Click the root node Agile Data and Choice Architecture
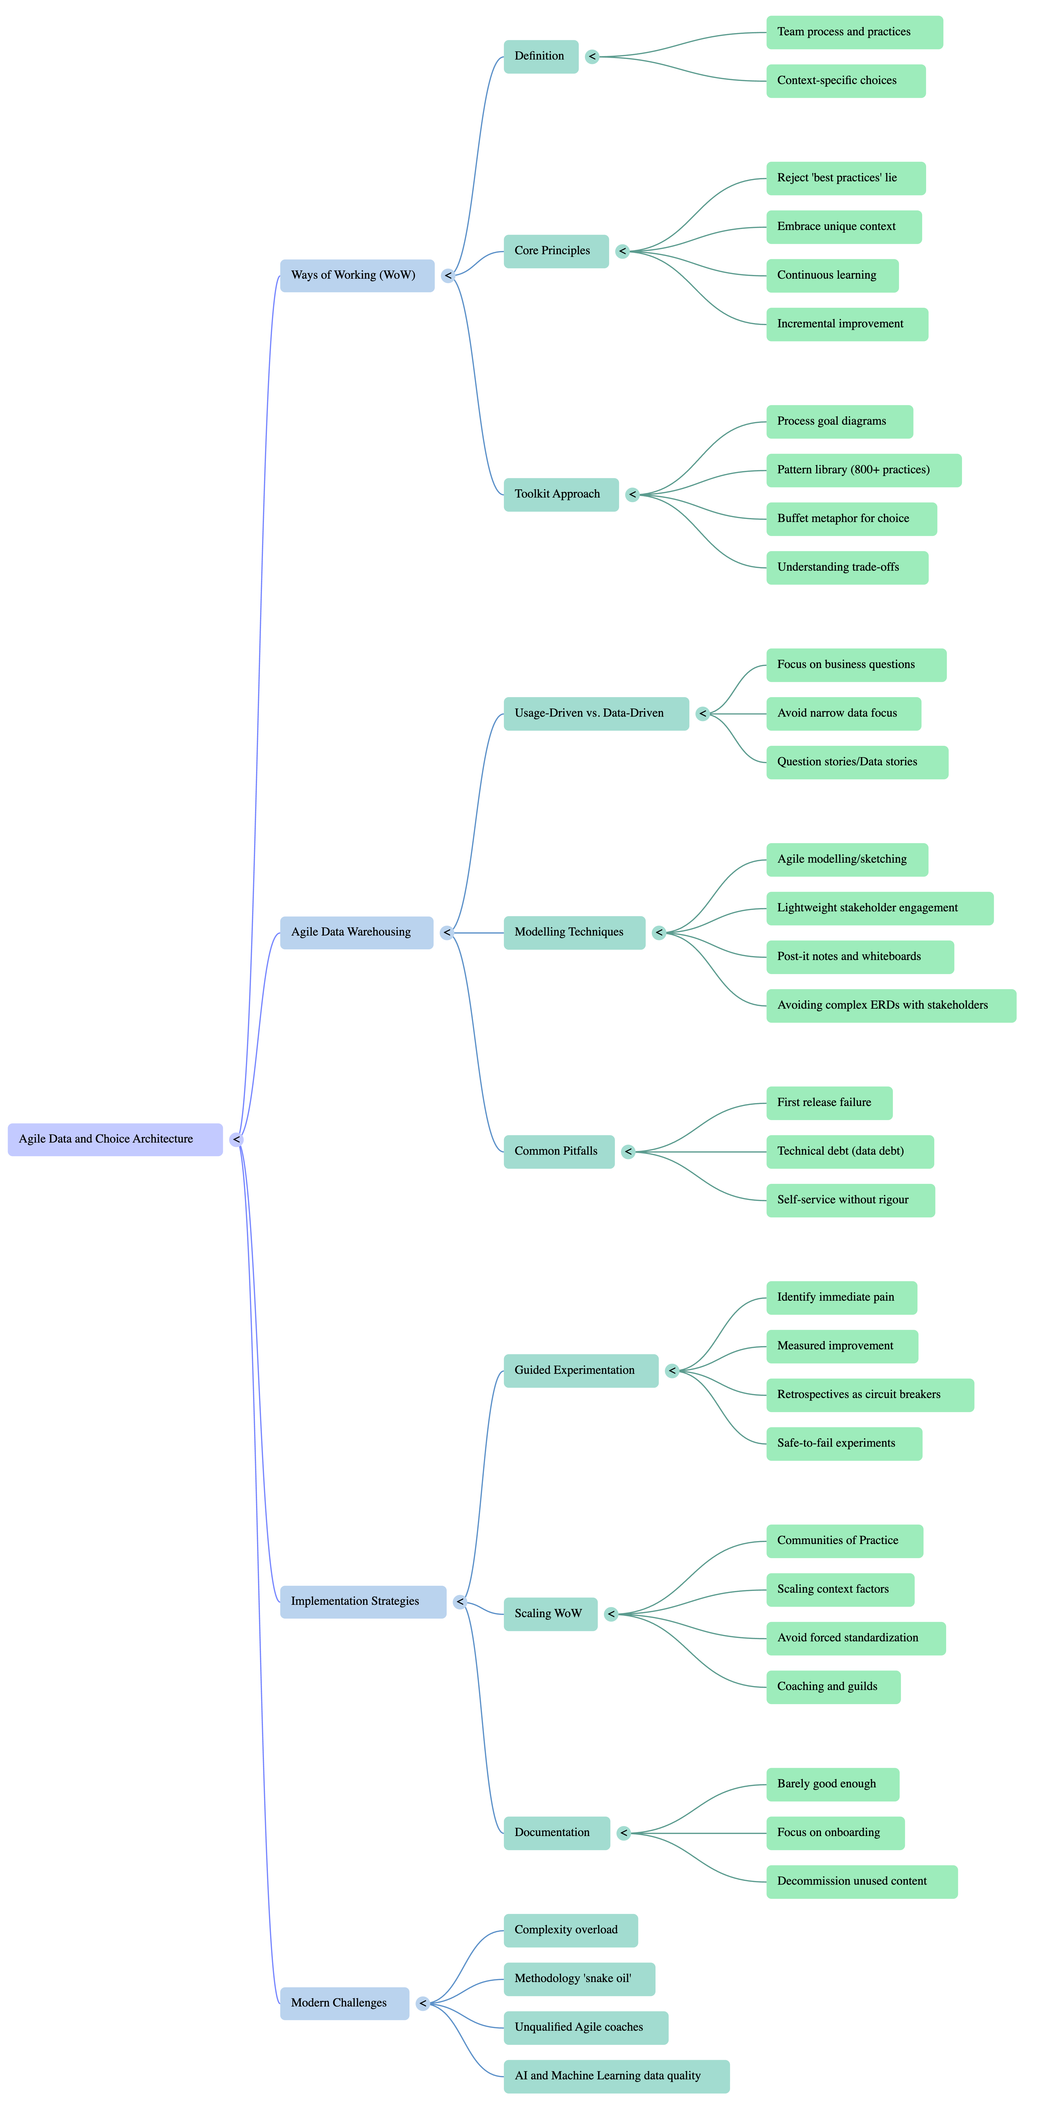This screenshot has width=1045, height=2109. coord(115,1139)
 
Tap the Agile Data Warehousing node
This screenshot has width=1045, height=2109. coord(356,933)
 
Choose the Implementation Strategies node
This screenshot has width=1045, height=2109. coord(363,1601)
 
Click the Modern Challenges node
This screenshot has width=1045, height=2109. coord(344,2003)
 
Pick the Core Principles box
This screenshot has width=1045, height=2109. coord(555,251)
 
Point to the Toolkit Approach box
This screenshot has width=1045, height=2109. coord(560,495)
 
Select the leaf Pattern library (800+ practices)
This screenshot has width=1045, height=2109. coord(863,470)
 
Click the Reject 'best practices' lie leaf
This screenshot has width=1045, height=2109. coord(845,178)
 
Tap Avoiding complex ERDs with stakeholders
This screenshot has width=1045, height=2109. coord(890,1005)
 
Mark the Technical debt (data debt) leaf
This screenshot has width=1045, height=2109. coord(849,1151)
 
